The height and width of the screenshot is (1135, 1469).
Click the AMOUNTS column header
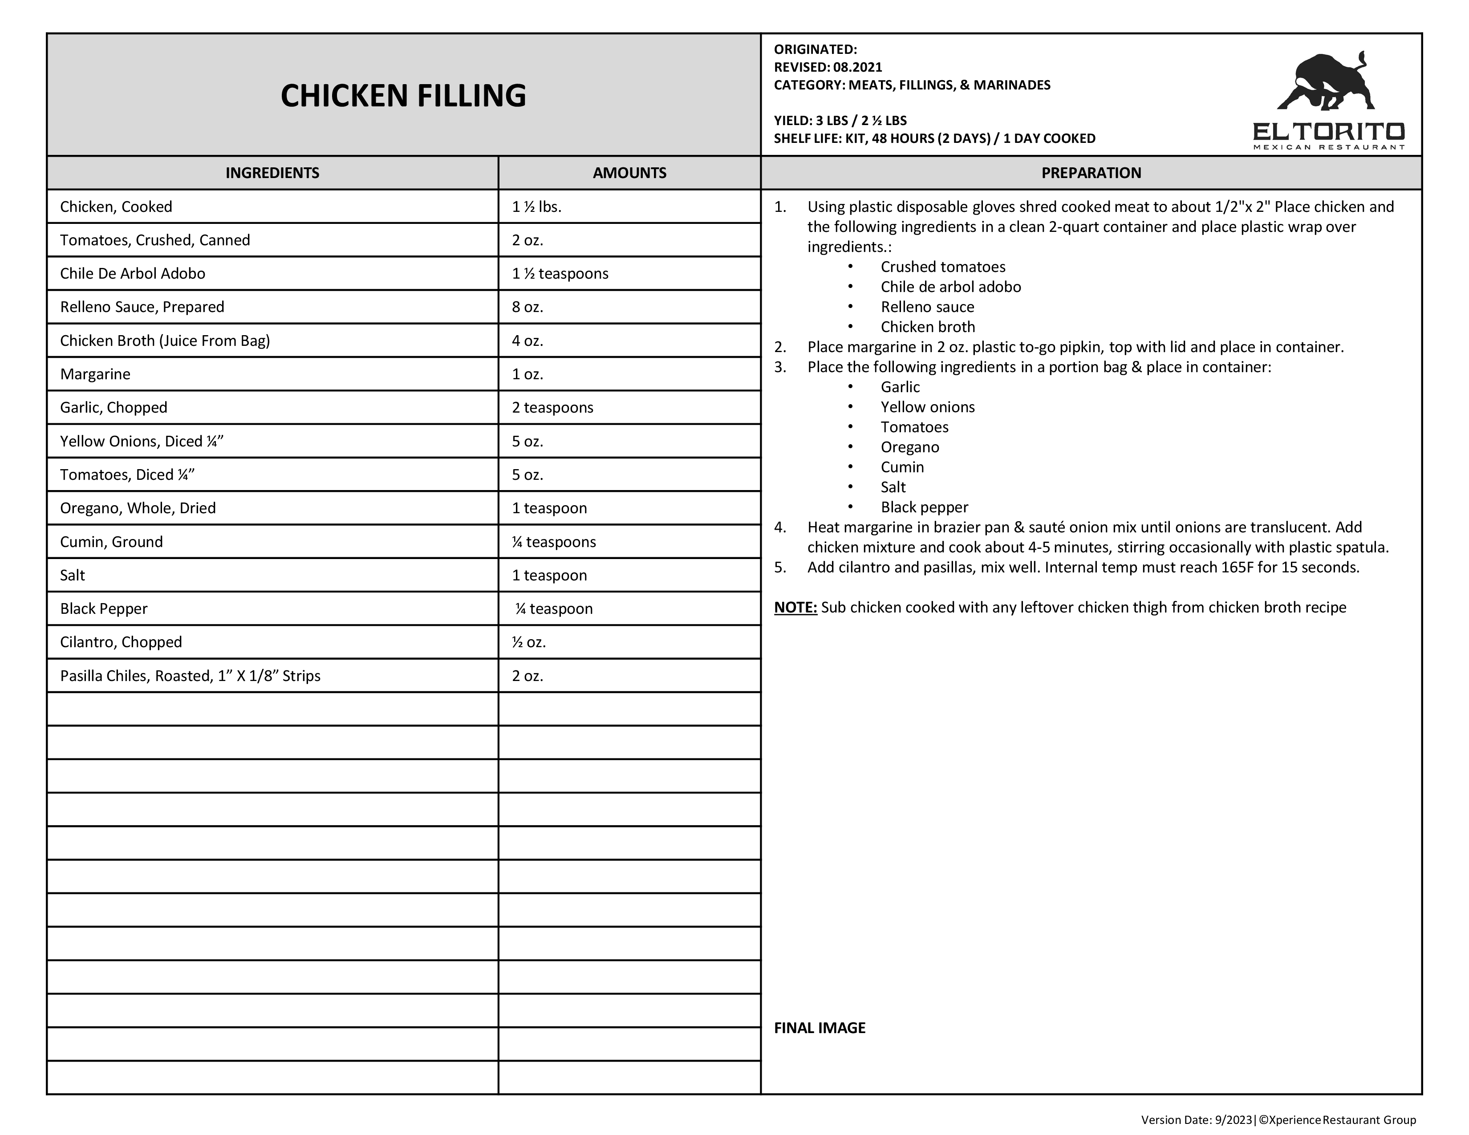coord(629,173)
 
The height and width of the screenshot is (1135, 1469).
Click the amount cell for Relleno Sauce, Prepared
coord(528,307)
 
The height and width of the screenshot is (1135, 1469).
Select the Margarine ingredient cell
coord(96,374)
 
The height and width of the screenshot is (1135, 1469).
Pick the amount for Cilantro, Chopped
coord(529,642)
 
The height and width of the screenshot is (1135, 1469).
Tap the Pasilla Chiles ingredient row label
coord(190,676)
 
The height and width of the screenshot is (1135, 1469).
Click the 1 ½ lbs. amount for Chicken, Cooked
coord(536,207)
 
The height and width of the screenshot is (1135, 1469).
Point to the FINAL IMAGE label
coord(819,1027)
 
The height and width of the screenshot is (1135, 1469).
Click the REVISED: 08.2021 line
coord(828,67)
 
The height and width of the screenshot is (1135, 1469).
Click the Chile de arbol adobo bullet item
coord(950,287)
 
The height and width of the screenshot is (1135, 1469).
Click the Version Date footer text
coord(1278,1119)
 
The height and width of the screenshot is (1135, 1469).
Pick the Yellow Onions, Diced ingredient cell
coord(141,441)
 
